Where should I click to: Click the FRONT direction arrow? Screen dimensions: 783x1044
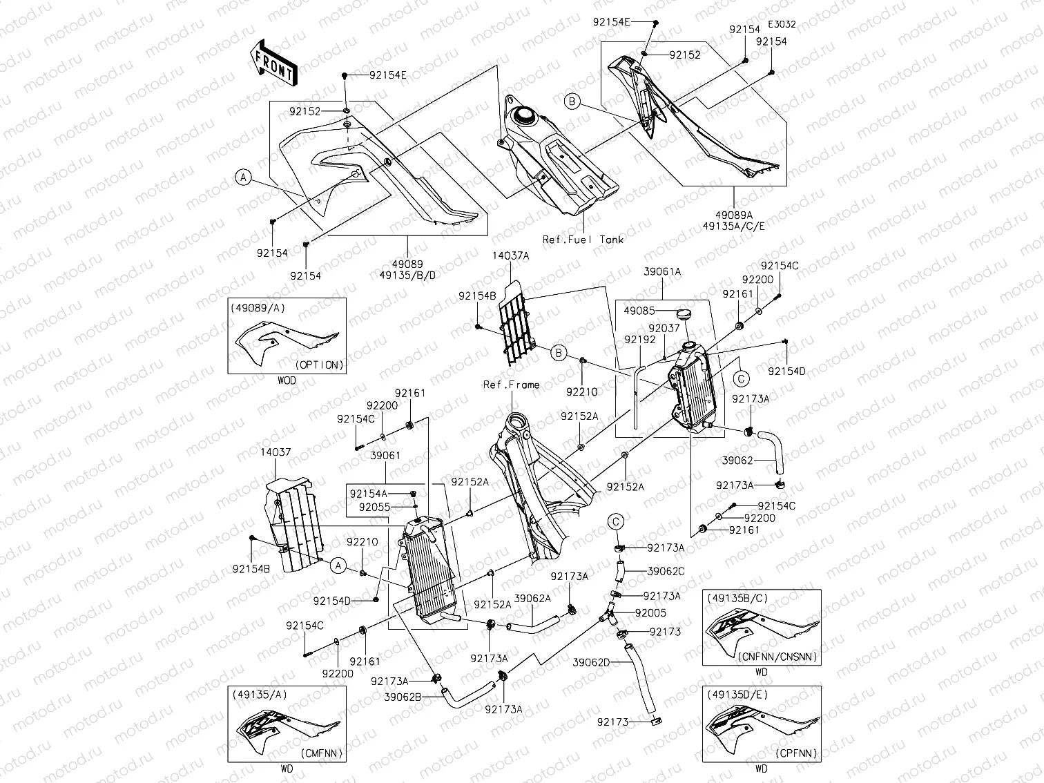(x=273, y=63)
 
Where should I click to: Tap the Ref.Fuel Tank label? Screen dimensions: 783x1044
(x=583, y=240)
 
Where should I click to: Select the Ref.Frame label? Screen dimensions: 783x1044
(x=511, y=385)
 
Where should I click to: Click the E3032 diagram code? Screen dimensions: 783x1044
(x=781, y=24)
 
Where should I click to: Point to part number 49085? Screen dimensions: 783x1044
(x=639, y=311)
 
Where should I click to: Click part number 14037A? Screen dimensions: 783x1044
(x=510, y=255)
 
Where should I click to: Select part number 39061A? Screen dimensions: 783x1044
(x=662, y=272)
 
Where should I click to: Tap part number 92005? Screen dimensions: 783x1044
(x=650, y=612)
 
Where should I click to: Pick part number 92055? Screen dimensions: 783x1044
(x=374, y=507)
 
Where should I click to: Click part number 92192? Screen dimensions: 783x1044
(x=640, y=340)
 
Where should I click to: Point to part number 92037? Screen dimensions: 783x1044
(x=664, y=329)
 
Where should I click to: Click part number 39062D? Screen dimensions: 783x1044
(x=591, y=662)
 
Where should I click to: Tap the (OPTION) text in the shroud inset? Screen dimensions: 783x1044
(x=319, y=365)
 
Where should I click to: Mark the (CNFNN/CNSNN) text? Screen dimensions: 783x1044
(x=777, y=657)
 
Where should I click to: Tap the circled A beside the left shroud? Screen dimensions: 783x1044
(x=243, y=177)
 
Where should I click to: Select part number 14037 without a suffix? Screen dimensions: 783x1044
(x=275, y=452)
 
